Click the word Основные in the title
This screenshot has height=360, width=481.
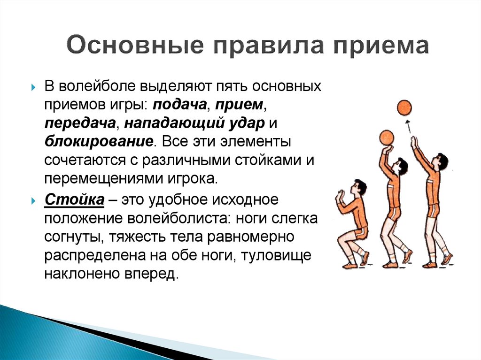tap(135, 46)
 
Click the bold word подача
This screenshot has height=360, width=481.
tap(179, 105)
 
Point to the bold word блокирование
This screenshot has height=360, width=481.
tap(99, 142)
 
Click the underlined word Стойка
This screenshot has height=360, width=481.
tap(75, 199)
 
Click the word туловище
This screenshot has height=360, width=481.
tap(276, 256)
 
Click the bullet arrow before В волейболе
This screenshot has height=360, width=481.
tap(33, 87)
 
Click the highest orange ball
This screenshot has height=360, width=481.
tap(404, 107)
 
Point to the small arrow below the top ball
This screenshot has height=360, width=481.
tap(408, 126)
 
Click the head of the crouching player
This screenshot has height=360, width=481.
tap(359, 187)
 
